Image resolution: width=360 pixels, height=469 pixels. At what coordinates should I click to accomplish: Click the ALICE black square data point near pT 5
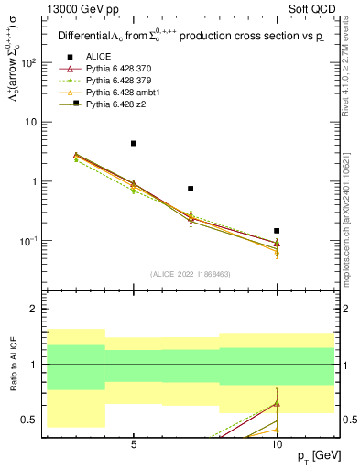pyautogui.click(x=134, y=143)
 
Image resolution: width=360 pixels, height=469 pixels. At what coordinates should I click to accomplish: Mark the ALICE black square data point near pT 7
pyautogui.click(x=191, y=189)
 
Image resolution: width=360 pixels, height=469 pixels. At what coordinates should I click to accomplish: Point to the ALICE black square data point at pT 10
pyautogui.click(x=277, y=231)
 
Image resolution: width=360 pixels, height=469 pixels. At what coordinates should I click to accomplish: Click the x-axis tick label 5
pyautogui.click(x=134, y=447)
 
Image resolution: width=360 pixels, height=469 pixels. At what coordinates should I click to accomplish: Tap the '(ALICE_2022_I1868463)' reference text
pyautogui.click(x=191, y=274)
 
